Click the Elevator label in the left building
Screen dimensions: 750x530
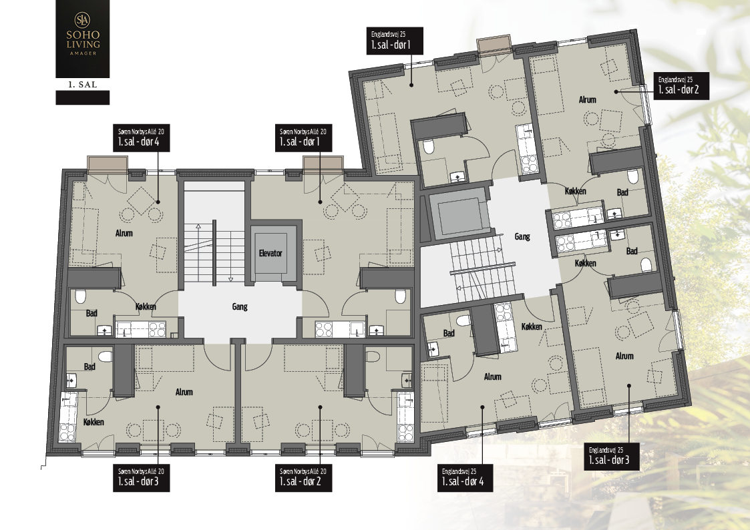pyautogui.click(x=270, y=253)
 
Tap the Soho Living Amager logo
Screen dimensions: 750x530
pyautogui.click(x=82, y=39)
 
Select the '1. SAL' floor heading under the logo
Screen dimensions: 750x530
pyautogui.click(x=82, y=85)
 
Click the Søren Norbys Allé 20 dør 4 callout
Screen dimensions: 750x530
pyautogui.click(x=142, y=139)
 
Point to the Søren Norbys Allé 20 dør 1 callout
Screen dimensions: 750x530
pyautogui.click(x=303, y=139)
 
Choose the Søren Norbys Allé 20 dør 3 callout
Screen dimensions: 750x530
pyautogui.click(x=142, y=478)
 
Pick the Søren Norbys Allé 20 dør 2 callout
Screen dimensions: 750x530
pyautogui.click(x=303, y=478)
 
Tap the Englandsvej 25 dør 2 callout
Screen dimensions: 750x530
pyautogui.click(x=682, y=87)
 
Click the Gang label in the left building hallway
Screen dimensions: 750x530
pyautogui.click(x=240, y=306)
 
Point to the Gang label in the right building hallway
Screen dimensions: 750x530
pyautogui.click(x=522, y=236)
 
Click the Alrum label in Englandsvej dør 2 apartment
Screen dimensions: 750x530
pyautogui.click(x=587, y=99)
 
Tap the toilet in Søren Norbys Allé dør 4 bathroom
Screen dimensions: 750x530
pyautogui.click(x=80, y=297)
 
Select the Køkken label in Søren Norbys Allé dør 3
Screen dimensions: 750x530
pyautogui.click(x=93, y=422)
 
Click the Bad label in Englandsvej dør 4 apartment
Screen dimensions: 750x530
pyautogui.click(x=449, y=333)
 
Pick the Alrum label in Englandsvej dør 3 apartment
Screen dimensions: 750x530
pyautogui.click(x=624, y=356)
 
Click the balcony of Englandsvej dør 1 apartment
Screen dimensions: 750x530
pyautogui.click(x=495, y=45)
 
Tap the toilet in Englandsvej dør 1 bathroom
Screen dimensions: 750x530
pyautogui.click(x=429, y=146)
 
